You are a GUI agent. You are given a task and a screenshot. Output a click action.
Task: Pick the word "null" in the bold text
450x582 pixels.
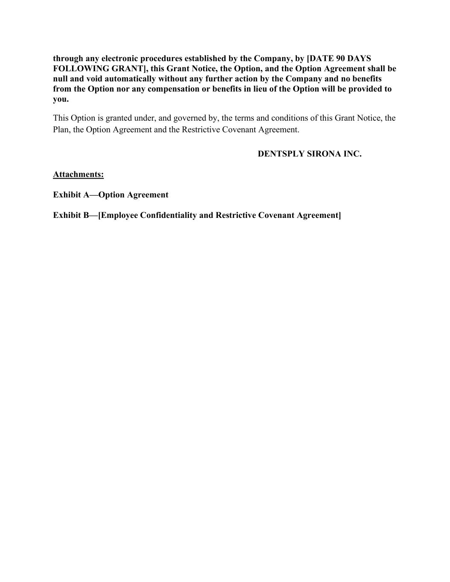[x=60, y=79]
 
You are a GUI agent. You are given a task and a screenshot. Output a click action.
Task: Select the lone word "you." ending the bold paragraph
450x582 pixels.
[x=61, y=99]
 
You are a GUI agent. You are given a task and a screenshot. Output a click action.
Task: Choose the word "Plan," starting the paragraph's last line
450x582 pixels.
[x=61, y=130]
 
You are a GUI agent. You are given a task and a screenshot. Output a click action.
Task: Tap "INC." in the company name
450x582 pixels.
[x=353, y=154]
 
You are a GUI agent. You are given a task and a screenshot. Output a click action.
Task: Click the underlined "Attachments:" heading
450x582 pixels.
[x=78, y=174]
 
